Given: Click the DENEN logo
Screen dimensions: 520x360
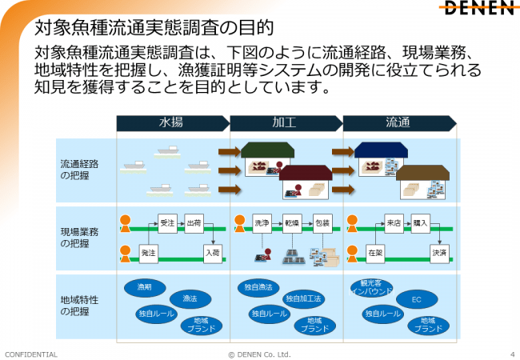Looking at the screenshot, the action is point(479,7).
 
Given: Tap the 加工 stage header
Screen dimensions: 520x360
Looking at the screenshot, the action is point(286,123).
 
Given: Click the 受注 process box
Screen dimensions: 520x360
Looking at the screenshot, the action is point(167,223).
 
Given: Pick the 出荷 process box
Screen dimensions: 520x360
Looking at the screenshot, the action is point(194,223).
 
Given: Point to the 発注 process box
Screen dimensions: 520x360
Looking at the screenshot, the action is point(148,254).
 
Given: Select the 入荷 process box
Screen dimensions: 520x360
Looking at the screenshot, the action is point(213,254).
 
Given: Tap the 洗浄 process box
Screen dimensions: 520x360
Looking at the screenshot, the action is point(262,223).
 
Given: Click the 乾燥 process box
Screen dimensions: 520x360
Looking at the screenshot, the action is point(292,223).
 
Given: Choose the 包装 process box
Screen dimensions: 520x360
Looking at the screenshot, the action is point(322,223).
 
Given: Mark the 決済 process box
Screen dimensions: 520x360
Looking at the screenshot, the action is point(439,254).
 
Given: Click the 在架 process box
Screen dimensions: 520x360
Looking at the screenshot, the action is point(375,254).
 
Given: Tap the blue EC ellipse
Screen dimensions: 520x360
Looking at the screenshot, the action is point(417,299).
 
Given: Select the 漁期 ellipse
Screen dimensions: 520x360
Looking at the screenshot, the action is point(145,288).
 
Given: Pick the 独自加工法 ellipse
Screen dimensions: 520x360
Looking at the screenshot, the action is point(303,299).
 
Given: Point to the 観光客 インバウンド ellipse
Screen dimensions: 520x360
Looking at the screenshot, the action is point(372,288).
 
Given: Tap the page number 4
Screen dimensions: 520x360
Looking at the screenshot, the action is point(512,354).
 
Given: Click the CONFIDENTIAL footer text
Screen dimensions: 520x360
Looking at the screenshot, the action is point(31,354).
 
